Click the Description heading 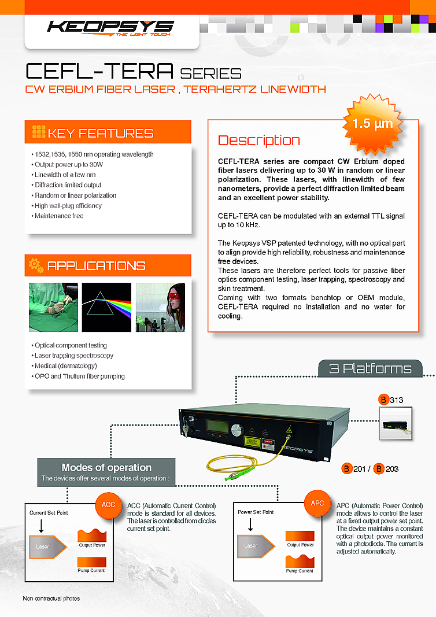tap(258, 141)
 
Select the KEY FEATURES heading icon tap(38, 132)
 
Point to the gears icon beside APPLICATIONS tap(36, 265)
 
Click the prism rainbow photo tap(106, 307)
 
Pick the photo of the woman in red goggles tap(160, 307)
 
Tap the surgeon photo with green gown tap(53, 307)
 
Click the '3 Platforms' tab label tap(370, 368)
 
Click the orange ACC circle tap(109, 505)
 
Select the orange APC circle tap(317, 504)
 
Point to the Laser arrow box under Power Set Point tap(254, 545)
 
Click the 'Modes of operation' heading tap(106, 467)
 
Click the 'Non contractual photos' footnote tap(51, 598)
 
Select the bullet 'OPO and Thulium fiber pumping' tap(79, 376)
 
